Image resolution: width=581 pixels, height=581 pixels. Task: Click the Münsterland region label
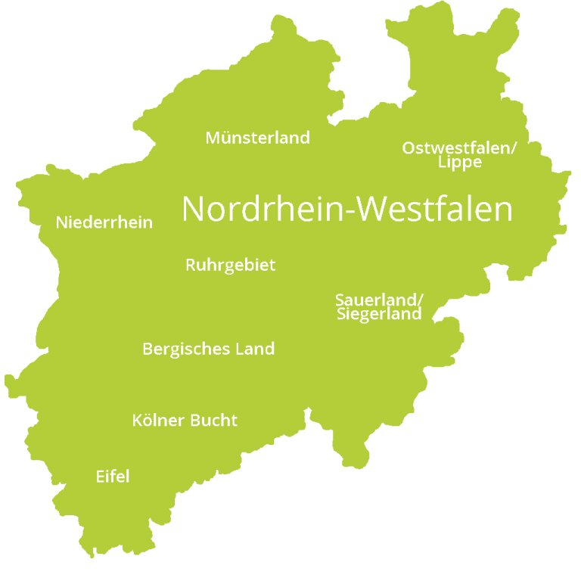point(257,138)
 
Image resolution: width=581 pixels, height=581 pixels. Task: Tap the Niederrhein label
point(104,222)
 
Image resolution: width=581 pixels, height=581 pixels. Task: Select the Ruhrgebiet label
point(230,266)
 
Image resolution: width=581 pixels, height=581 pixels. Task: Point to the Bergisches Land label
point(208,350)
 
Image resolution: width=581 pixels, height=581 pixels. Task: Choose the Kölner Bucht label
point(185,421)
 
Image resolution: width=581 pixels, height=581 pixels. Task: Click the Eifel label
point(113,477)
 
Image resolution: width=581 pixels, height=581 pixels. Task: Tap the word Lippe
point(459,163)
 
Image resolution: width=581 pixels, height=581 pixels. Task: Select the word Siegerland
point(379,314)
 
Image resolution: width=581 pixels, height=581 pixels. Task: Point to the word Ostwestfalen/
point(459,148)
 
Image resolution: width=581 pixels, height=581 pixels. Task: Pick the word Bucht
point(214,421)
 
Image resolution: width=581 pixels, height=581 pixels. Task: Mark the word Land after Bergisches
point(253,350)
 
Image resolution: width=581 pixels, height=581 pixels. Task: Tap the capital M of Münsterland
point(213,138)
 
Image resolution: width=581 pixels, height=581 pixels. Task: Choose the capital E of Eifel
point(101,477)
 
